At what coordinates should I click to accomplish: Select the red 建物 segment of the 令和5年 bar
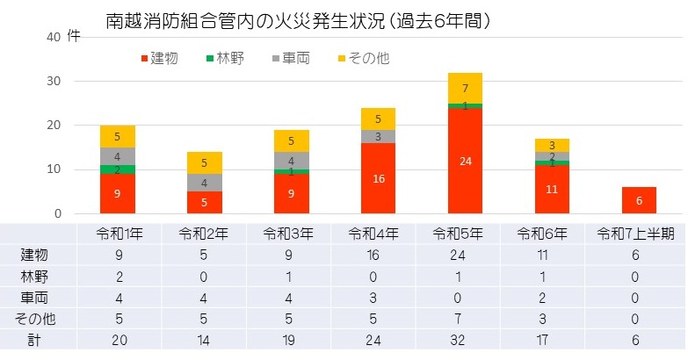point(466,161)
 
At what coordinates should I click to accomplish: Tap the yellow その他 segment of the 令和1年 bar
point(118,136)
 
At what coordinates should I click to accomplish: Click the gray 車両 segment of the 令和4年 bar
point(379,136)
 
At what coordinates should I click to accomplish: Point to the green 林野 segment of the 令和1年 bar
point(118,169)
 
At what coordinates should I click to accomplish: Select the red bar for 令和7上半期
point(639,200)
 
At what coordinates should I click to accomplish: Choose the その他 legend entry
point(363,58)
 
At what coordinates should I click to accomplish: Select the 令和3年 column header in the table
point(291,234)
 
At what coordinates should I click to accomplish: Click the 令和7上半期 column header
point(638,234)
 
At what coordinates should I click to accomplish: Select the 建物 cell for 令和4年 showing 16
point(378,256)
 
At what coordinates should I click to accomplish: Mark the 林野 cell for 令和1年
point(118,277)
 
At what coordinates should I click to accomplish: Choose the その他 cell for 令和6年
point(552,319)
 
